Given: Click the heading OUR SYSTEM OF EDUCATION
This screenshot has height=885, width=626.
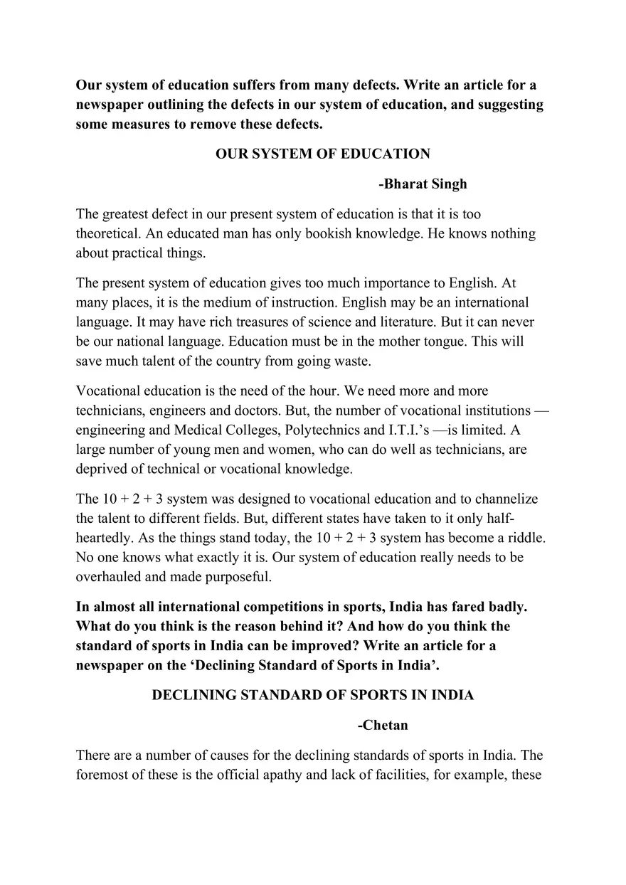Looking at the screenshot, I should [322, 154].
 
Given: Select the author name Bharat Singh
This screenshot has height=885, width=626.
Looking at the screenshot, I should [423, 184].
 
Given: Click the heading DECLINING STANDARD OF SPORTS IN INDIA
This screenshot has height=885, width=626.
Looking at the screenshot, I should [312, 695].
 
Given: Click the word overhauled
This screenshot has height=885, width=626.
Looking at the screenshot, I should [111, 578].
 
